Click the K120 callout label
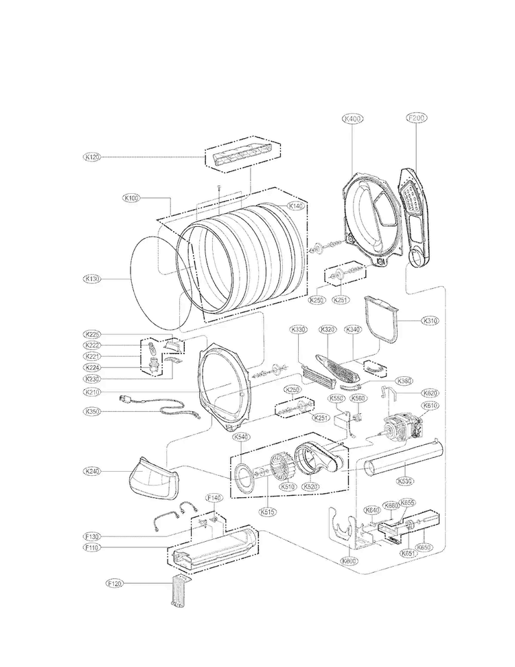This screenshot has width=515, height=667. point(92,157)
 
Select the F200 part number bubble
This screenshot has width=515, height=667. point(417,118)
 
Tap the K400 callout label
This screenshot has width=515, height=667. point(352,118)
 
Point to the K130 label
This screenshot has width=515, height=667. point(92,278)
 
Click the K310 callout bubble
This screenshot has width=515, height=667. point(430,320)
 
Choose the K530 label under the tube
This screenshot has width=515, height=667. point(406,481)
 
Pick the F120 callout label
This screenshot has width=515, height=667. point(115,583)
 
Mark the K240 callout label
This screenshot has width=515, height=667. point(92,471)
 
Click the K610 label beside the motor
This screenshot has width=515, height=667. point(430,406)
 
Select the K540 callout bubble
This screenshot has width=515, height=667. point(241,437)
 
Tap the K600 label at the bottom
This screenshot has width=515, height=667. point(349,561)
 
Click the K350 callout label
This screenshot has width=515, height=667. point(92,411)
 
